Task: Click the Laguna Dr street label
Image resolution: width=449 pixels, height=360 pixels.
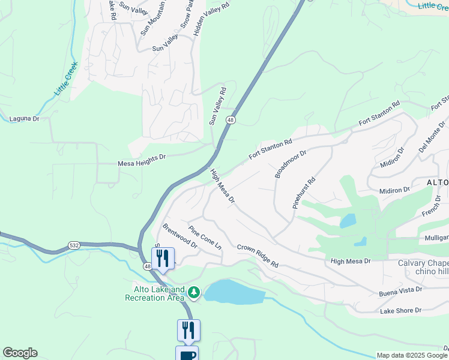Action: (x=24, y=119)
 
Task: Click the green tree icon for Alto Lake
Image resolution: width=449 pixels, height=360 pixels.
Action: (x=193, y=292)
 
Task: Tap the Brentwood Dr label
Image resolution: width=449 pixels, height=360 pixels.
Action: (x=179, y=236)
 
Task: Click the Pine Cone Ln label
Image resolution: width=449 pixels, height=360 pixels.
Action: (x=205, y=238)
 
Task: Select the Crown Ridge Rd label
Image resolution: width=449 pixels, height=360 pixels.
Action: (x=258, y=256)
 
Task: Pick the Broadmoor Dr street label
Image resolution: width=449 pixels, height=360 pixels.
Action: (x=291, y=164)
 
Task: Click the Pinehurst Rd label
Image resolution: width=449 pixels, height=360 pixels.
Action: (x=304, y=193)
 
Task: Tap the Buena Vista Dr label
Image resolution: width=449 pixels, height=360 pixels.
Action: (x=400, y=290)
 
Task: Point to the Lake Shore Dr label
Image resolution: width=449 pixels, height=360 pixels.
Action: (x=401, y=311)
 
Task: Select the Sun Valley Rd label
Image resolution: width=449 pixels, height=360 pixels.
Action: (x=217, y=106)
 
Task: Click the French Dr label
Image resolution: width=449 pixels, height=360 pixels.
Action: (x=432, y=209)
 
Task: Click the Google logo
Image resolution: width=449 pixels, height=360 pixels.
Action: (x=20, y=353)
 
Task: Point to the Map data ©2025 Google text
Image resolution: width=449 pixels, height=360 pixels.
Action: (x=412, y=355)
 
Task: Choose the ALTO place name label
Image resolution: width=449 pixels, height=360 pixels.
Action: (x=437, y=182)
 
